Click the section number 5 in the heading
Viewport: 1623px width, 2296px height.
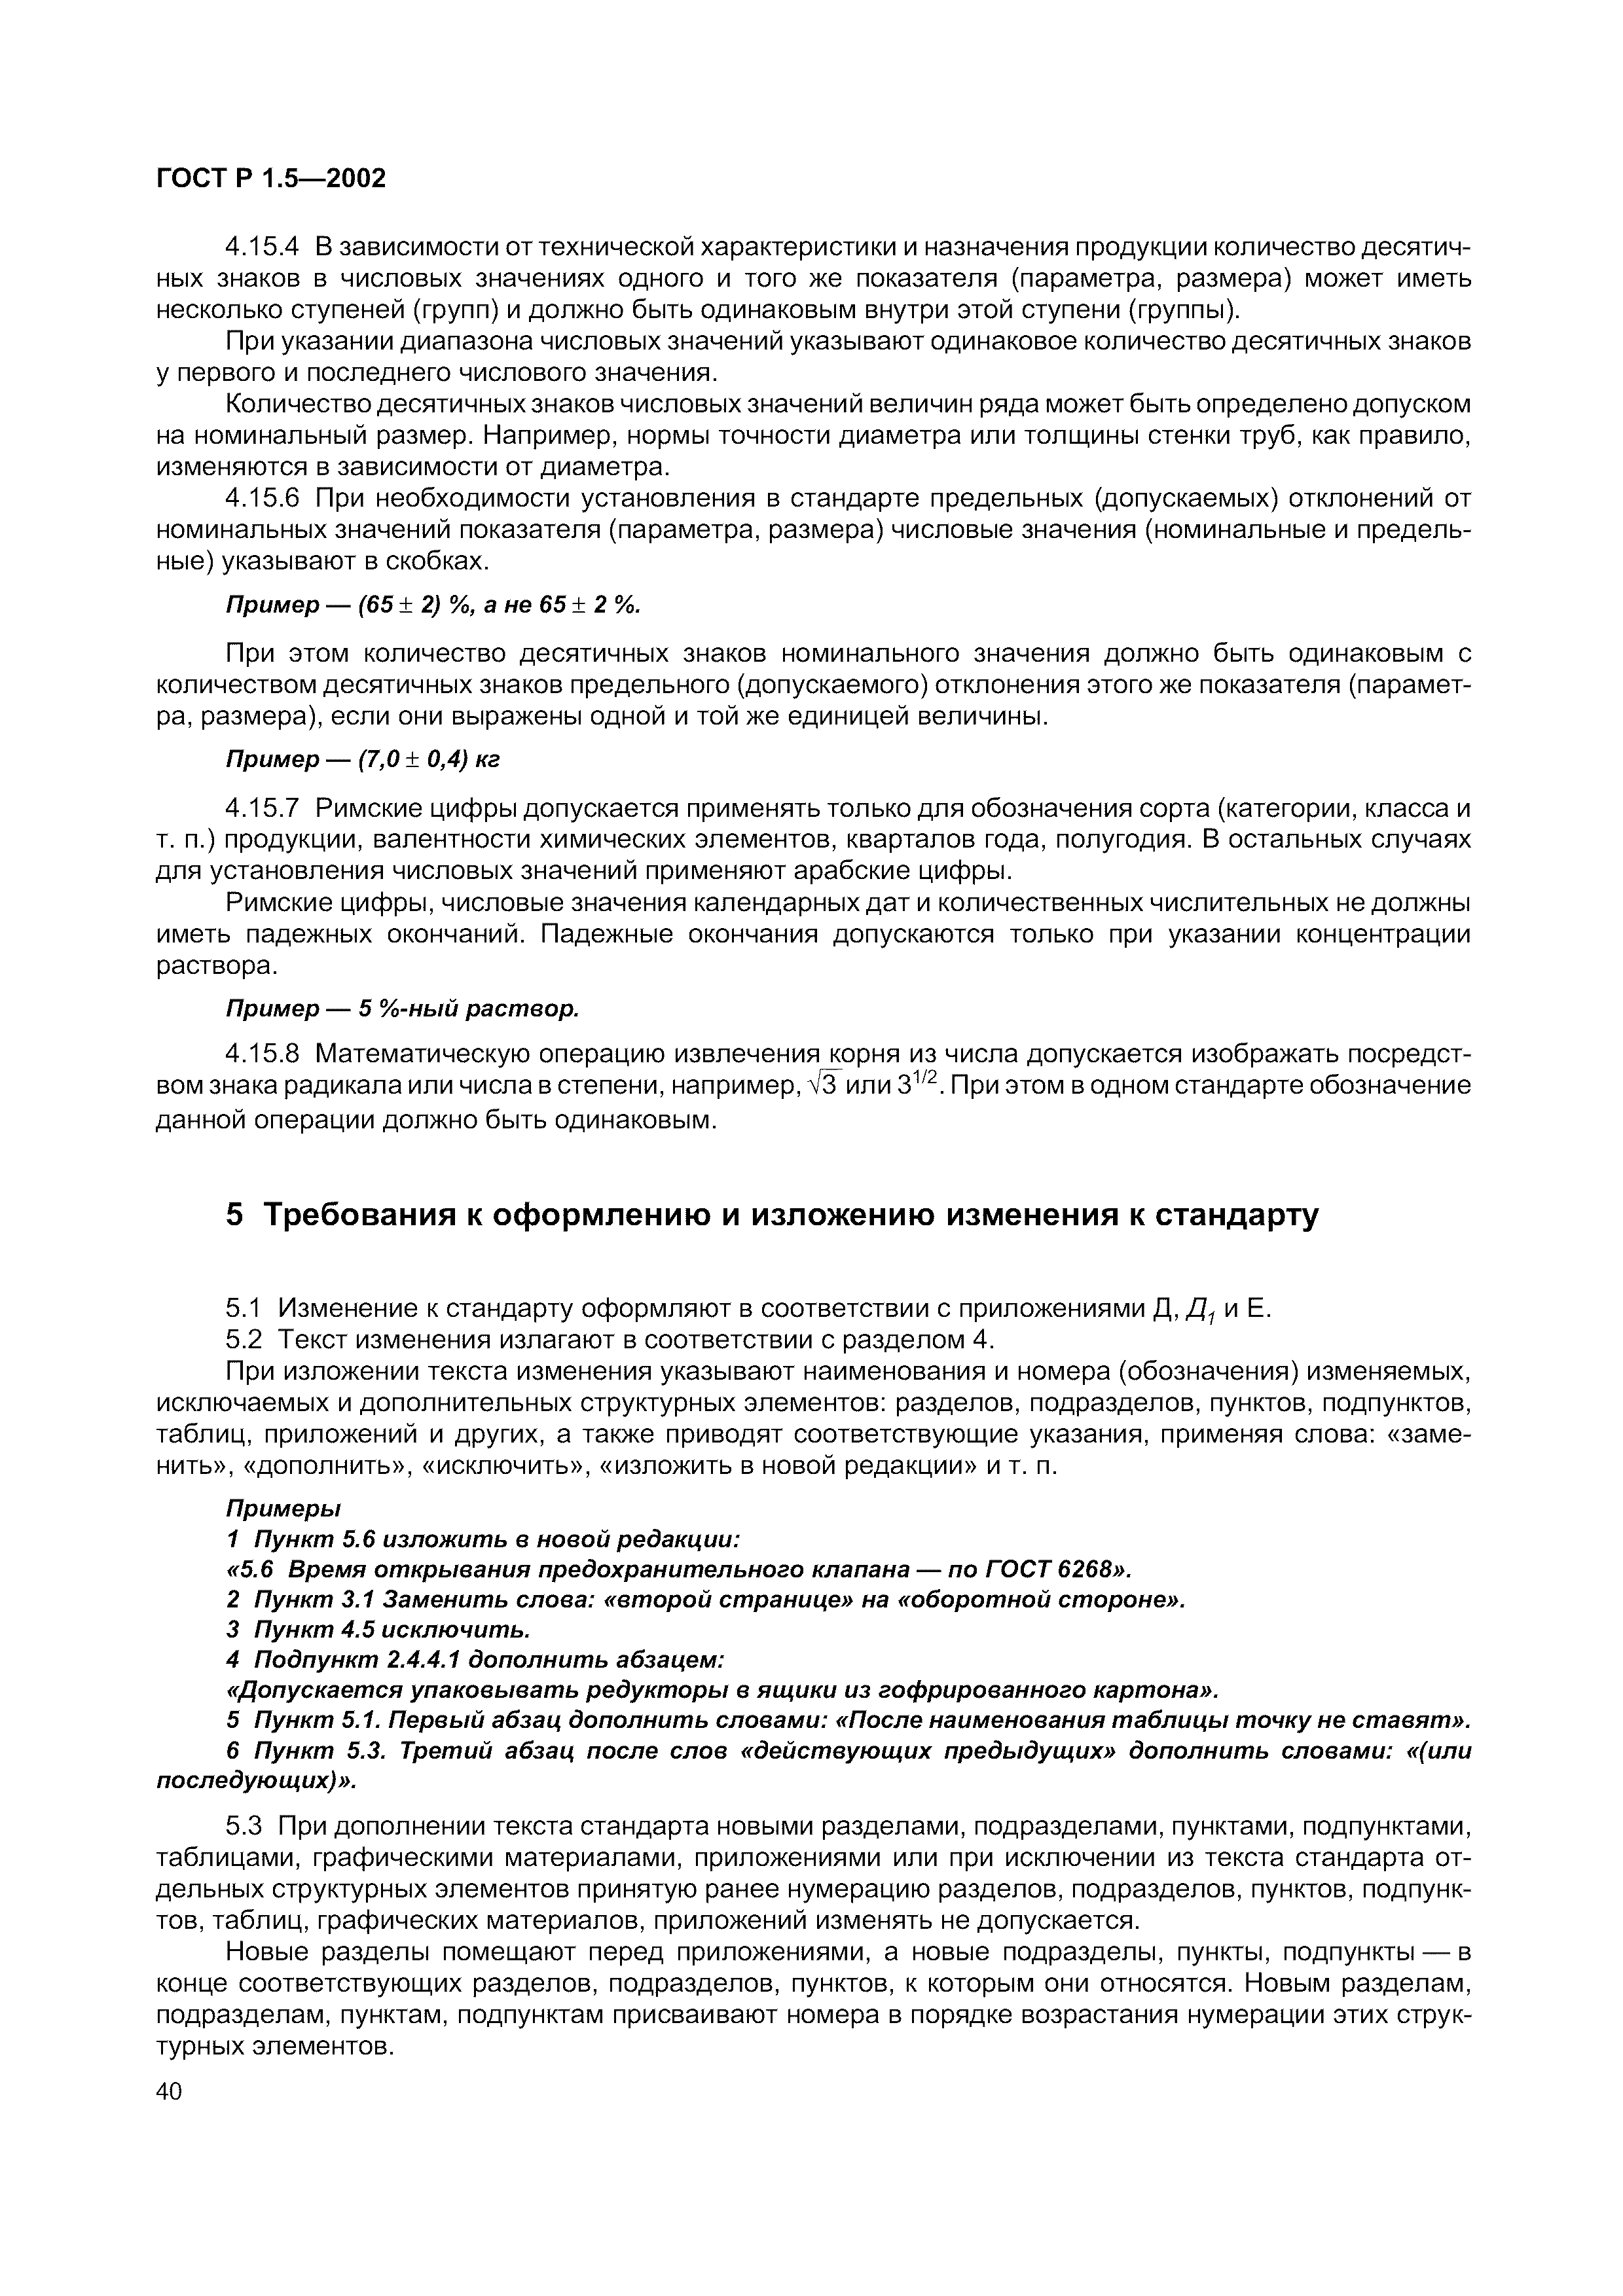coord(235,1214)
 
